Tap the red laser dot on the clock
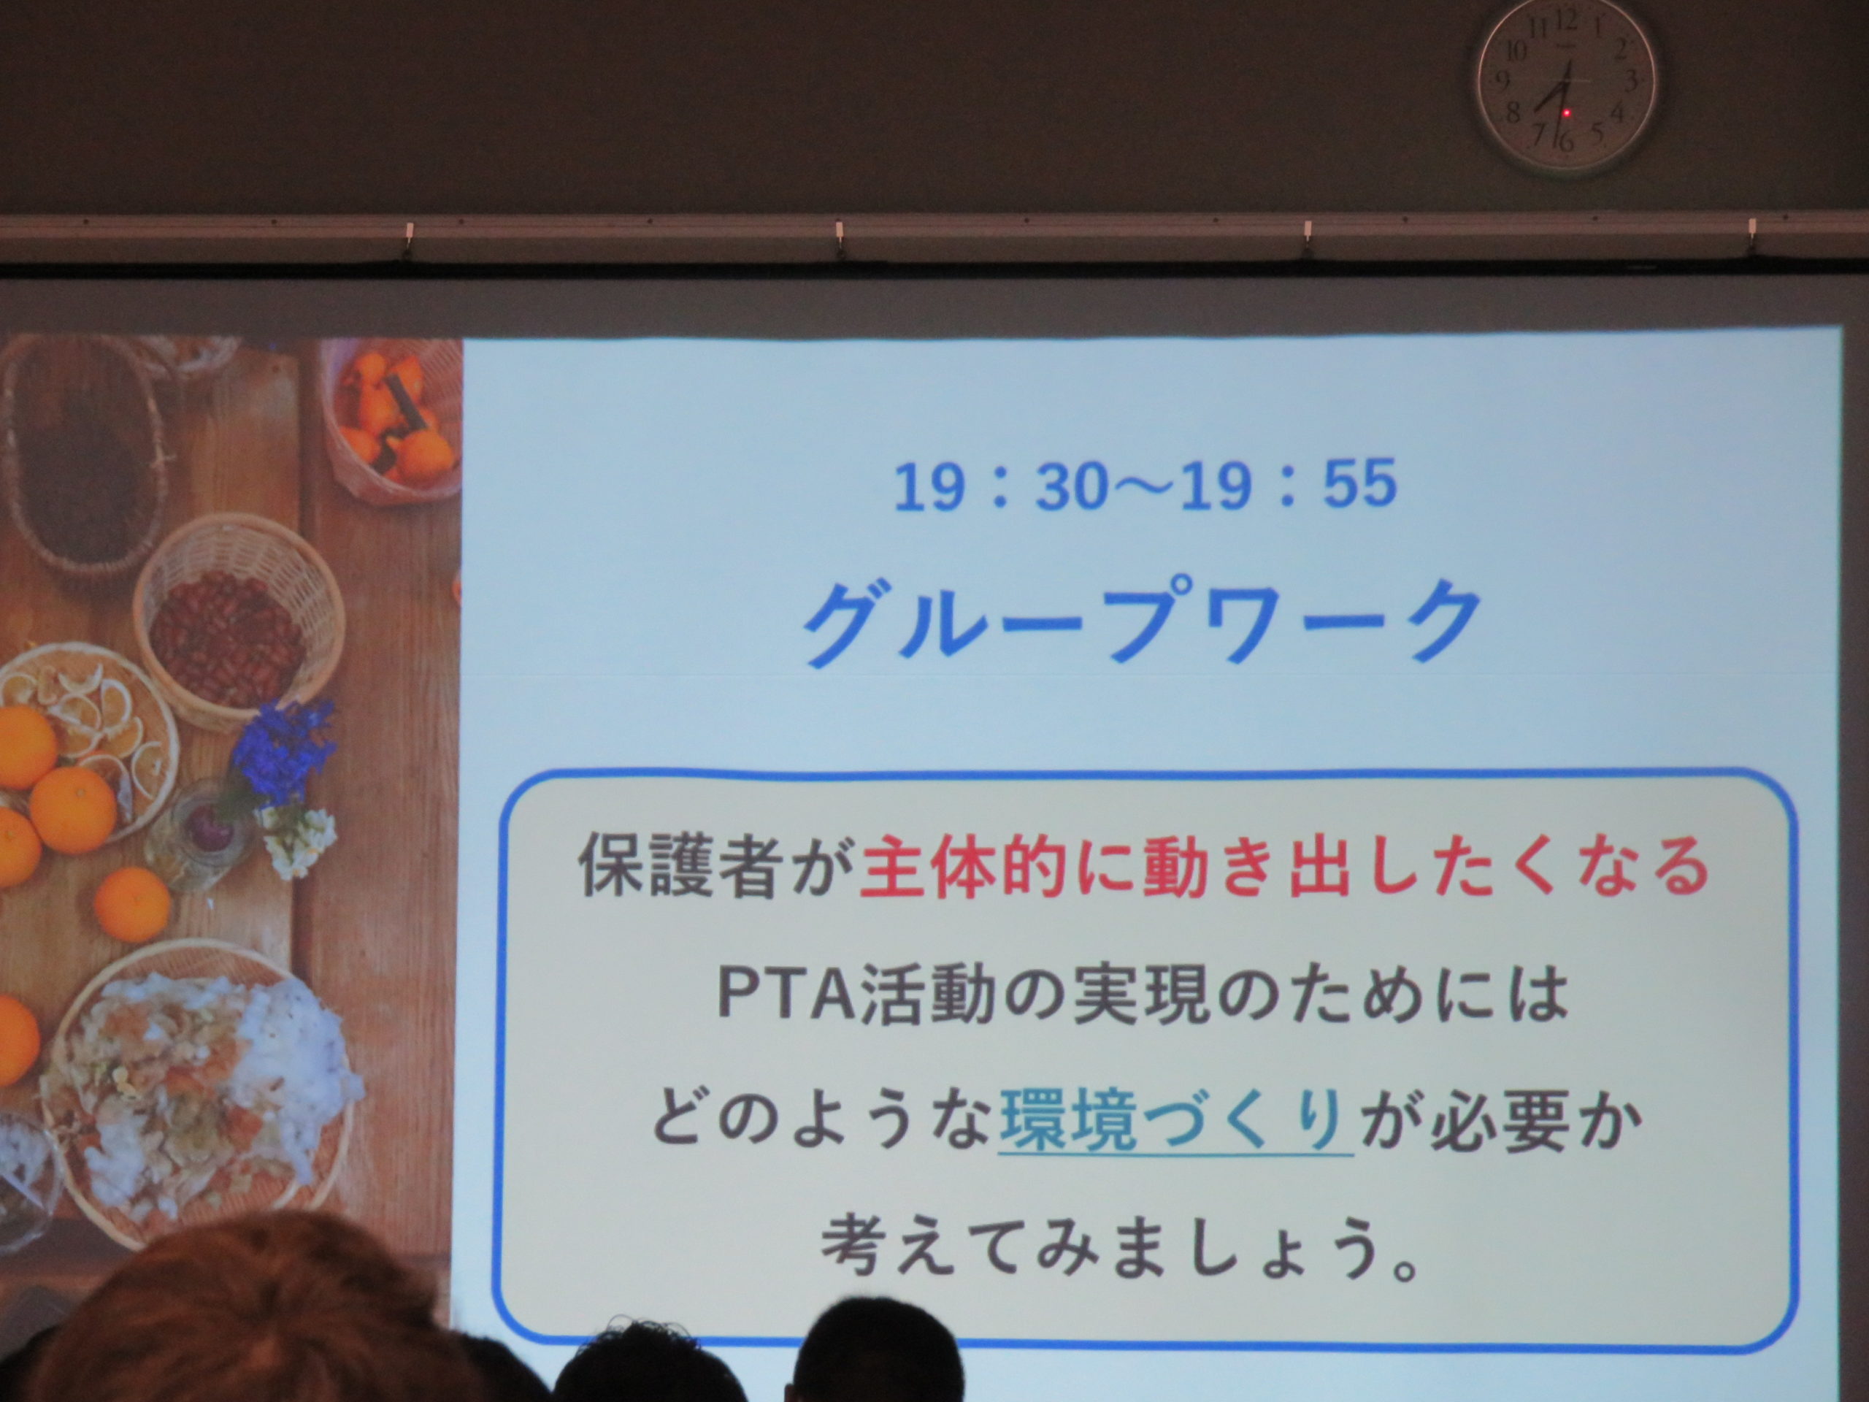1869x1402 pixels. click(1566, 112)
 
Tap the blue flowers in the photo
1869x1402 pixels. click(284, 753)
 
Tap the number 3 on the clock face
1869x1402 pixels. click(1632, 81)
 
